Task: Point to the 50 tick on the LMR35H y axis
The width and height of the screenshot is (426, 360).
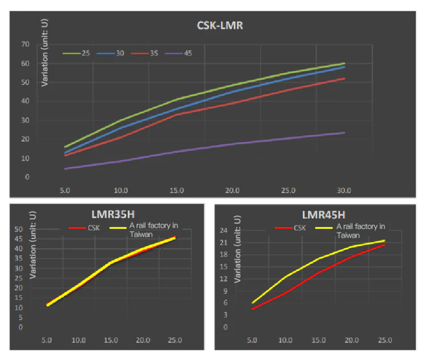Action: [x=19, y=229]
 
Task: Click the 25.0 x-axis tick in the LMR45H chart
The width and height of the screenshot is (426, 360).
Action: [x=385, y=340]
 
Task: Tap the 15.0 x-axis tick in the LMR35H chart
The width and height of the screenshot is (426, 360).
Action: [x=111, y=340]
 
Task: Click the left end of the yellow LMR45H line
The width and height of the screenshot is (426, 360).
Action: [x=252, y=303]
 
